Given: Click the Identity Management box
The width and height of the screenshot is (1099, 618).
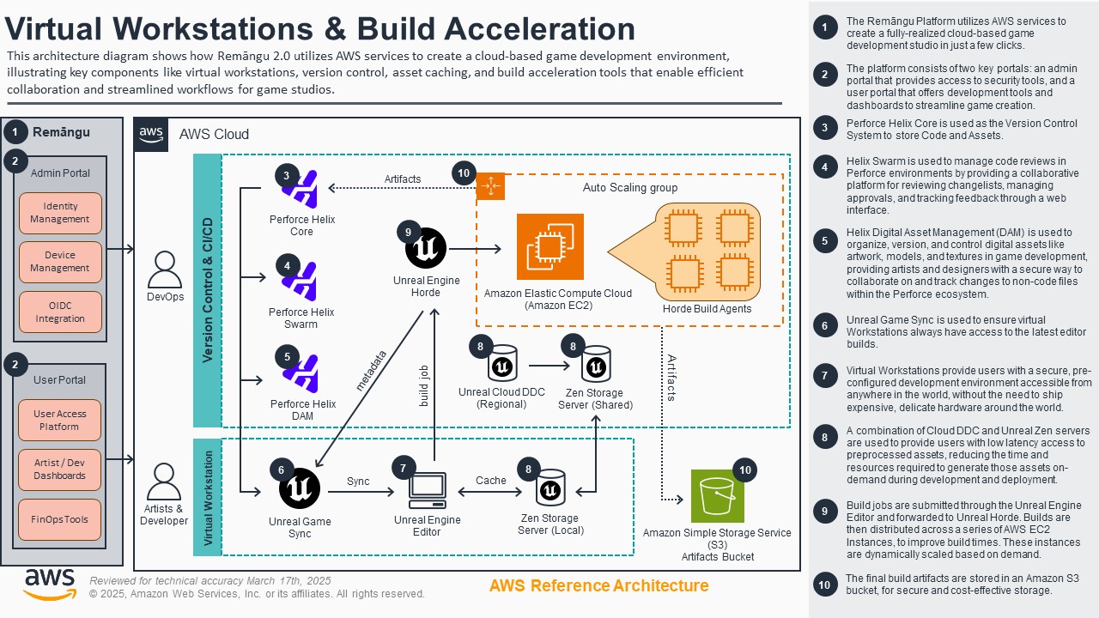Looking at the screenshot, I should coord(60,213).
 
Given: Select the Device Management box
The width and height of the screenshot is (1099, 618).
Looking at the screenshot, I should coord(60,262).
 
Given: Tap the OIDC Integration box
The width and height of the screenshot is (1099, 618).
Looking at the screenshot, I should coord(60,312).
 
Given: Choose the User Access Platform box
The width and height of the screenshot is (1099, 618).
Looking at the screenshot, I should coord(60,420).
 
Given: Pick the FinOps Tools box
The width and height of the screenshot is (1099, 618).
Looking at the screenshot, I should coord(60,519).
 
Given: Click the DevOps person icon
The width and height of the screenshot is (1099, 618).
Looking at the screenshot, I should coord(165,270).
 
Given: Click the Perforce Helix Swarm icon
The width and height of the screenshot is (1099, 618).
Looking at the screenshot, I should coord(301,282).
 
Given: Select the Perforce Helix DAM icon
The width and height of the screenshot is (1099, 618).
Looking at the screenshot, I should coord(301,373).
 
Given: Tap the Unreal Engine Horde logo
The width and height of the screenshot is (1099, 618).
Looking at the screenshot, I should coord(426,249).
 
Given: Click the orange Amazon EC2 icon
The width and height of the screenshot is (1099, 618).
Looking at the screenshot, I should coord(550,247).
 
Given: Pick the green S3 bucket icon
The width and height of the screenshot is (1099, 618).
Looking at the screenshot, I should coord(718,496).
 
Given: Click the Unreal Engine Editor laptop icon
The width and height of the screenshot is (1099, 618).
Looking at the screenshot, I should coord(427,490).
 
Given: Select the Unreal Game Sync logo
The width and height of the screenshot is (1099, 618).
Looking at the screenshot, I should coord(300,489).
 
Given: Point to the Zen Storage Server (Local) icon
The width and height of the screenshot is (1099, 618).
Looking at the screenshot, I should coord(549,489).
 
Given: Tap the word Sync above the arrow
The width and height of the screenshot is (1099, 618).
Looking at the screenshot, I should coord(358,482).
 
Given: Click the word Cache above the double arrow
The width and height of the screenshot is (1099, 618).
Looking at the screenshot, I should coord(491,481).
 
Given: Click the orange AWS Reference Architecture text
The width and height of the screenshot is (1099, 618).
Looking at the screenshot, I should coord(598,586).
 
